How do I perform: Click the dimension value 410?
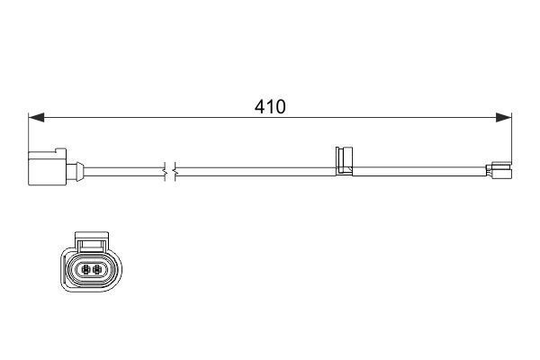[270, 107]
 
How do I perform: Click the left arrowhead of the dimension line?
[36, 117]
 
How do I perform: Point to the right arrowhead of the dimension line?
[503, 117]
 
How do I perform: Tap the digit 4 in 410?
[260, 107]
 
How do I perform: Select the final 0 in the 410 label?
[280, 107]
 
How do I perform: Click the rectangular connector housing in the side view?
[47, 169]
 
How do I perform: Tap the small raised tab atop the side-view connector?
[60, 150]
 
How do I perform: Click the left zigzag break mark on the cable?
[165, 171]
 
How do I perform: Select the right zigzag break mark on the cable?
[175, 171]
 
